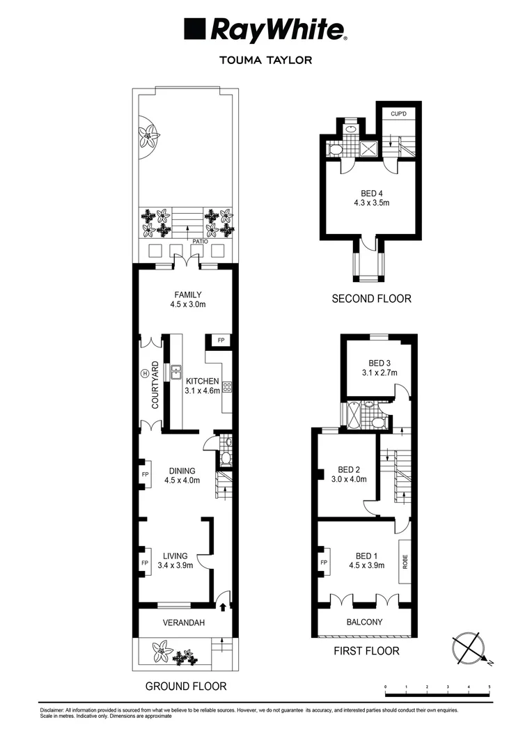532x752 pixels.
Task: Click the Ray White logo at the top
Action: click(x=265, y=30)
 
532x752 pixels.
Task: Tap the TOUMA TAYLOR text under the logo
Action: click(x=265, y=60)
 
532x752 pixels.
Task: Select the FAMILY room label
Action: click(x=187, y=299)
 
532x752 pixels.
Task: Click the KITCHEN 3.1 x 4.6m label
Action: click(x=202, y=386)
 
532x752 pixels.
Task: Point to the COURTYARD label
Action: click(x=155, y=385)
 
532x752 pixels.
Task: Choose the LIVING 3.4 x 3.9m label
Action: click(x=175, y=560)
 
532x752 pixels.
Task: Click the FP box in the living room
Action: click(x=146, y=563)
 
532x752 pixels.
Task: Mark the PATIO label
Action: click(x=182, y=242)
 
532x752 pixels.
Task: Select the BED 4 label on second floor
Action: click(x=370, y=198)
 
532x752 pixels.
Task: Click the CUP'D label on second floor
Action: click(x=398, y=113)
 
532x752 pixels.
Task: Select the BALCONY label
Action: click(x=364, y=622)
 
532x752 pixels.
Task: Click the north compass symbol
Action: click(x=470, y=648)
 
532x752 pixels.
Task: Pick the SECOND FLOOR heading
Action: click(x=370, y=299)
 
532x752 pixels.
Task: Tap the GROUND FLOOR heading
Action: click(x=185, y=686)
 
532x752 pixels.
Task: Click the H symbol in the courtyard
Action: click(x=146, y=373)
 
